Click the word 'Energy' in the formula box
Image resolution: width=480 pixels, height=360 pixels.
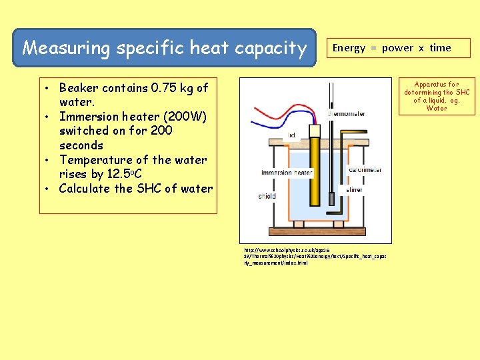point(349,48)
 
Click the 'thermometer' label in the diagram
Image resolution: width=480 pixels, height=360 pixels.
point(347,113)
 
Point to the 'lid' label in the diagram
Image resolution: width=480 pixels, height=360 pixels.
point(292,135)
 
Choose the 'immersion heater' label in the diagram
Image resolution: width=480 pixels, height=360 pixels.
point(286,173)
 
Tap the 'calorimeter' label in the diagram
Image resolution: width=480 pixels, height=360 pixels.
point(365,169)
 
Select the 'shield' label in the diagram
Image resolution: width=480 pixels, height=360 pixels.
point(267,196)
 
